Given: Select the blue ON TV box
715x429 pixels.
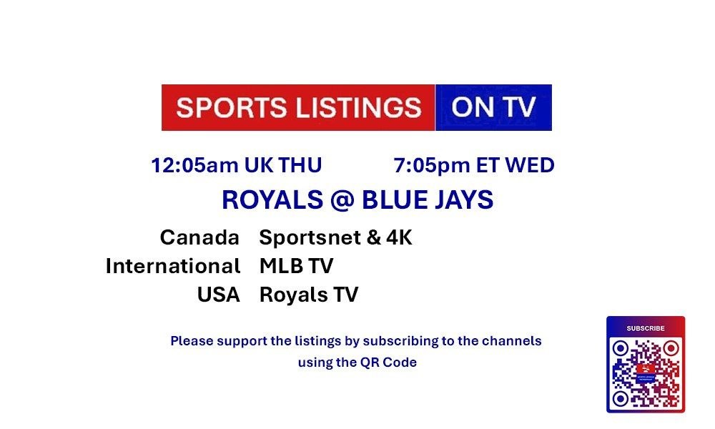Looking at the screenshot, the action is click(493, 107).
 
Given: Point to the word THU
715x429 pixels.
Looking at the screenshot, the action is click(300, 165).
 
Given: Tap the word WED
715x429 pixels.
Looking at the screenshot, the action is click(530, 165).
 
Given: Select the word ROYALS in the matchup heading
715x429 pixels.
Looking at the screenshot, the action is click(272, 199).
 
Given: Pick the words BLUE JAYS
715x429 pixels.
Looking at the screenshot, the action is click(428, 199).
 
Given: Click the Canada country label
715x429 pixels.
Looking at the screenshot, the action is click(199, 237).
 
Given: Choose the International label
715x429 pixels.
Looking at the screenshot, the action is click(173, 266).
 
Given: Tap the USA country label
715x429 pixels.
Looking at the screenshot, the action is click(218, 295).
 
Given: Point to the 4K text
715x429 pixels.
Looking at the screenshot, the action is click(399, 237).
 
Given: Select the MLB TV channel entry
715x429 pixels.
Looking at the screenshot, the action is click(297, 266).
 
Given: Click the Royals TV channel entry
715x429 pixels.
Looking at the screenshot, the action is click(309, 295).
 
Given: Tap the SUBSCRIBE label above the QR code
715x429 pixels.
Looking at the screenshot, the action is click(646, 328).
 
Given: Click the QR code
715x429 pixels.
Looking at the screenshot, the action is click(646, 373).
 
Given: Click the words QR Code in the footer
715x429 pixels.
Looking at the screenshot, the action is click(388, 363).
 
